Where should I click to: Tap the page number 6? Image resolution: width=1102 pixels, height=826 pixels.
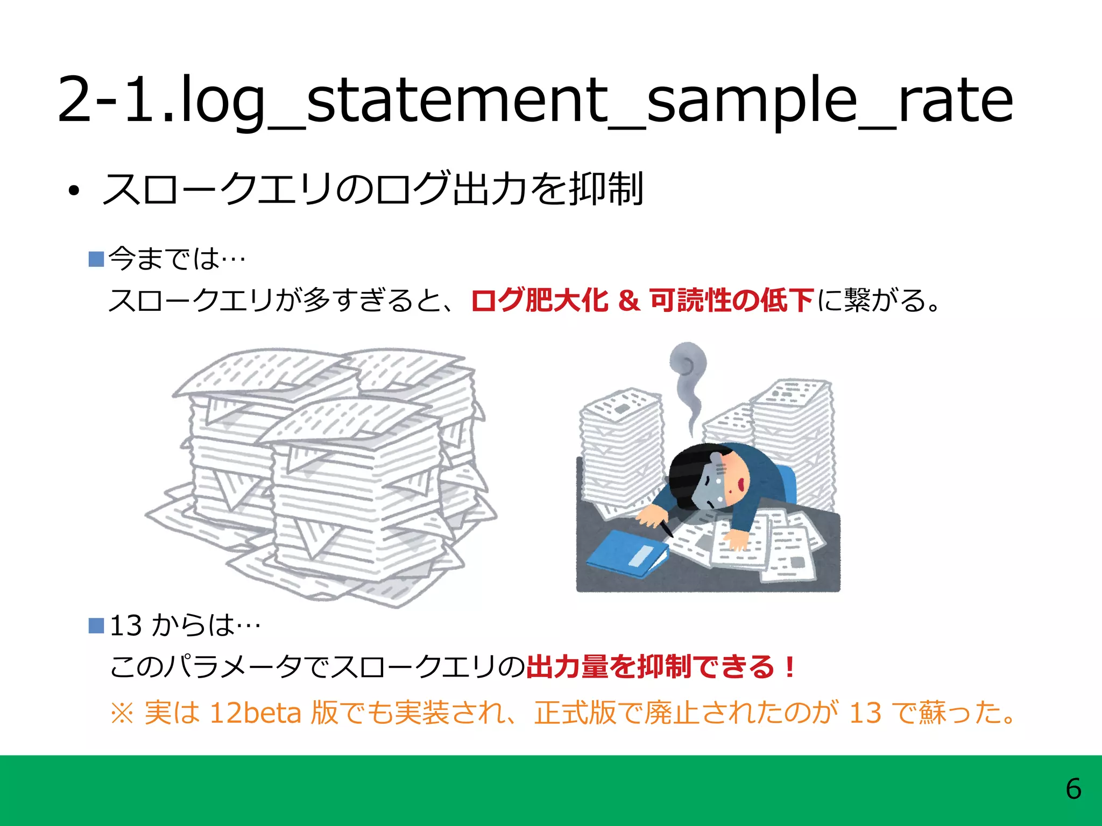1073,789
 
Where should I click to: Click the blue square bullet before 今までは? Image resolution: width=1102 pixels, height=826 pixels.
96,259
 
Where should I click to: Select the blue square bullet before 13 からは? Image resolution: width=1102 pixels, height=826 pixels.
96,625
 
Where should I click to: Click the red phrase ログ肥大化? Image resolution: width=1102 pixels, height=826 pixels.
539,300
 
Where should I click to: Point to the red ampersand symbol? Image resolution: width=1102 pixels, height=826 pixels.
628,300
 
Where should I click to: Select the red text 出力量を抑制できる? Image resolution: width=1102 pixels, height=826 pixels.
651,667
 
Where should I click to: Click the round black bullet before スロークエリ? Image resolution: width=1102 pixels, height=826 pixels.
74,190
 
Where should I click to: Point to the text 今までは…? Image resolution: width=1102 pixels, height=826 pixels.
177,259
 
